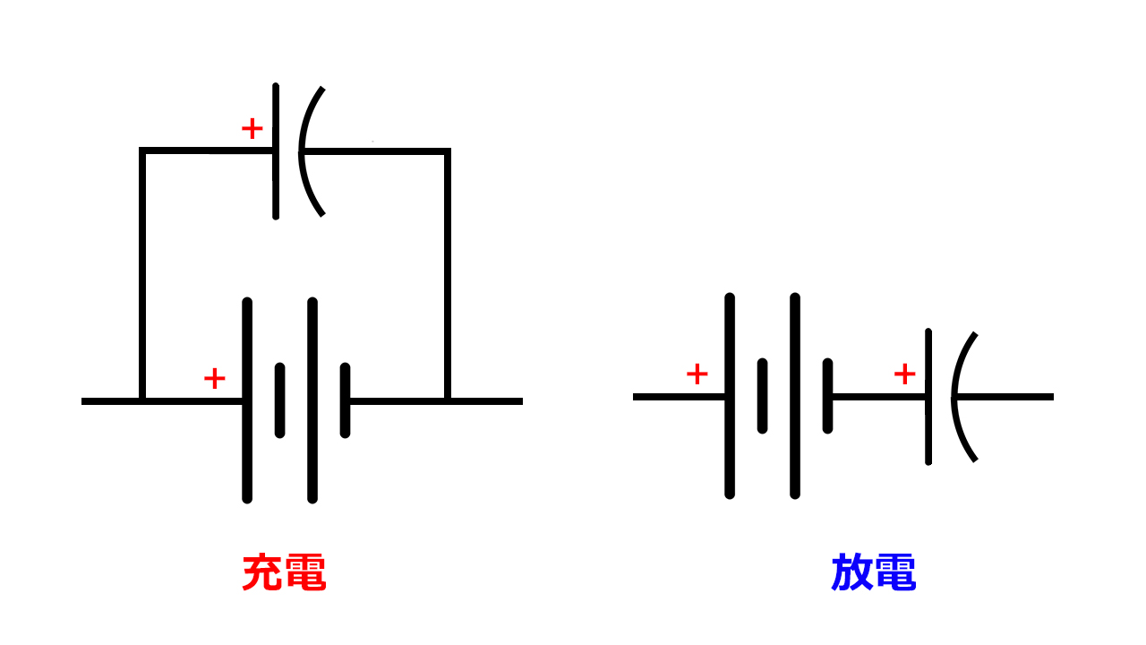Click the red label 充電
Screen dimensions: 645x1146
[x=284, y=573]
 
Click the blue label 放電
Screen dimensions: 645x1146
[x=873, y=573]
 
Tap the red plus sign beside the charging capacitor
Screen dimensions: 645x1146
[x=252, y=129]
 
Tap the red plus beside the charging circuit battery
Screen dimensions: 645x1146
[x=215, y=379]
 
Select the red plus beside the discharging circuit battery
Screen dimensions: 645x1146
[x=697, y=374]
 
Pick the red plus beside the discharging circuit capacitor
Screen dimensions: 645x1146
[x=905, y=374]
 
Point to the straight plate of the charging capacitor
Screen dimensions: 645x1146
[x=276, y=179]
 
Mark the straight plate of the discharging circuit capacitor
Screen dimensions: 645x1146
[x=928, y=430]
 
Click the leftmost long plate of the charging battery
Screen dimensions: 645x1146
[x=247, y=448]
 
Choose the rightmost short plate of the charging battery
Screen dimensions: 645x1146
[x=346, y=400]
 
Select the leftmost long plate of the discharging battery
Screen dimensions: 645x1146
[x=730, y=448]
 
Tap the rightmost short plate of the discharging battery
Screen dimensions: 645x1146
[x=828, y=395]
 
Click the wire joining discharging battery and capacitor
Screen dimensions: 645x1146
[x=877, y=396]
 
